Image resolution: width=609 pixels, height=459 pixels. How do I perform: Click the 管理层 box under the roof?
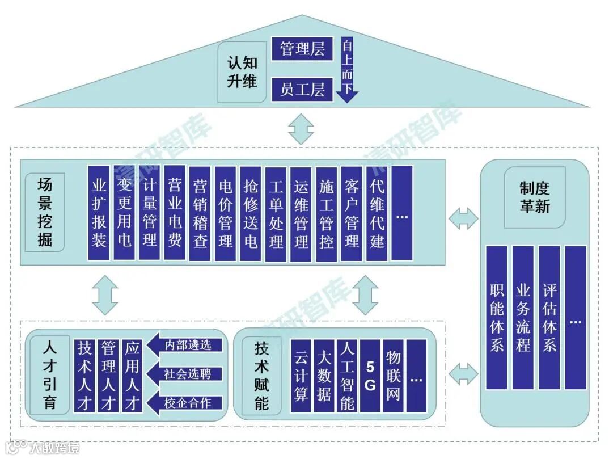pyautogui.click(x=302, y=49)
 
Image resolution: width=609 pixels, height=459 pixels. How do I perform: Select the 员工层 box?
pyautogui.click(x=302, y=89)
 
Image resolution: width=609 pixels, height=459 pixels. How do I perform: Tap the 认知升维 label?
pyautogui.click(x=242, y=72)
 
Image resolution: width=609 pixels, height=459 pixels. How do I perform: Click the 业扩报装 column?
pyautogui.click(x=99, y=213)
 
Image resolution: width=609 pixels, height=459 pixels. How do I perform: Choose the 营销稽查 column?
pyautogui.click(x=200, y=213)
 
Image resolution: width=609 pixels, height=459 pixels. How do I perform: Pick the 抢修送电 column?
pyautogui.click(x=250, y=213)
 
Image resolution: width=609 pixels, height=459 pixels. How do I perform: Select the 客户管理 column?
pyautogui.click(x=352, y=213)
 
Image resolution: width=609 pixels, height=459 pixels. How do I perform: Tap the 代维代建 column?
pyautogui.click(x=377, y=213)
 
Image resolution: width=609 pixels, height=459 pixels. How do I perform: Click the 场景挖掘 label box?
pyautogui.click(x=45, y=213)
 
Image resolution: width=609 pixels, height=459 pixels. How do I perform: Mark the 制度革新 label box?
pyautogui.click(x=535, y=197)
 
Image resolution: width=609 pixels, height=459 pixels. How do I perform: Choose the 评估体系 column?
pyautogui.click(x=549, y=317)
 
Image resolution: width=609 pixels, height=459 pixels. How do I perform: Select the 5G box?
pyautogui.click(x=370, y=376)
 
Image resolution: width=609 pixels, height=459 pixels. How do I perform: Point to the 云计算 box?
pyautogui.click(x=301, y=376)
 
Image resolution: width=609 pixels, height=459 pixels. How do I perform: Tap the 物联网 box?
pyautogui.click(x=393, y=376)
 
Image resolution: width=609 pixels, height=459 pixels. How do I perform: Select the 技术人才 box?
pyautogui.click(x=84, y=376)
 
